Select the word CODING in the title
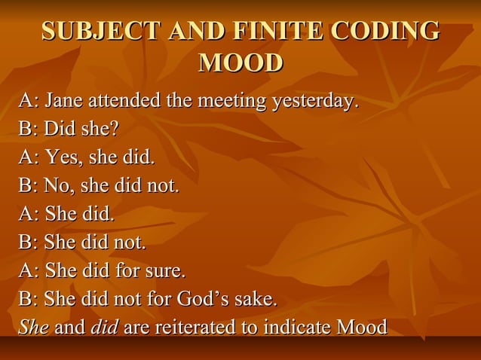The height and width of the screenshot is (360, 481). [x=385, y=31]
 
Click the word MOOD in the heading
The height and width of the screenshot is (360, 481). [x=240, y=63]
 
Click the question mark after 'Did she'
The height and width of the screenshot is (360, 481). [x=115, y=129]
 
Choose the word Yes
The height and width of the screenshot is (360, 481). [x=62, y=157]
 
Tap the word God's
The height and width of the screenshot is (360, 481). [x=202, y=299]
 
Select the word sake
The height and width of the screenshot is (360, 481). [x=256, y=299]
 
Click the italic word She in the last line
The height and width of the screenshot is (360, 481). [x=33, y=328]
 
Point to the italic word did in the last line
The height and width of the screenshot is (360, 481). [x=103, y=328]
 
